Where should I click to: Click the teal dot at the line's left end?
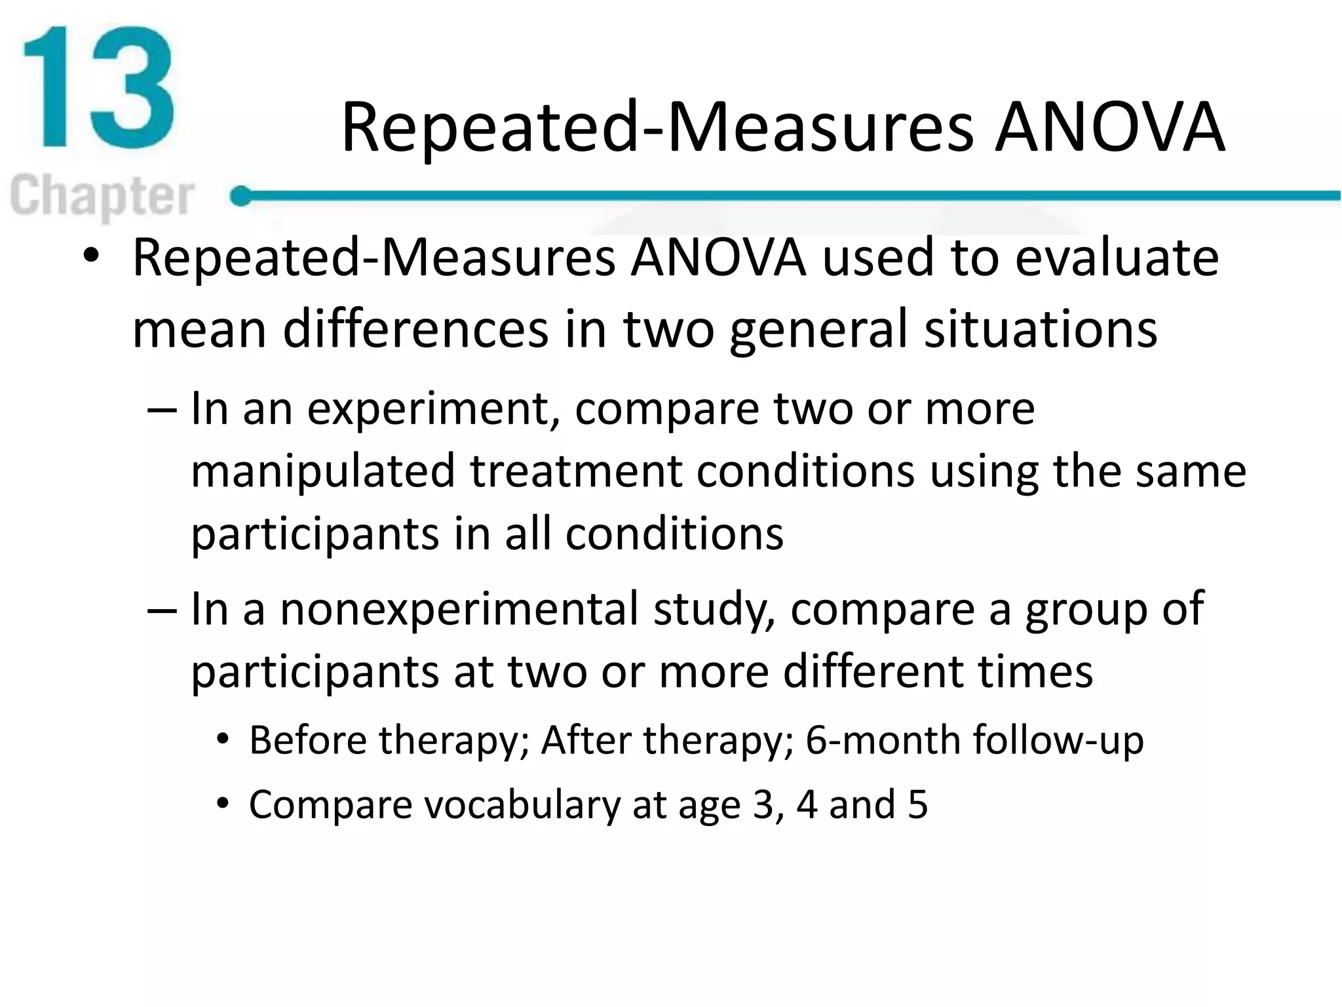pyautogui.click(x=241, y=195)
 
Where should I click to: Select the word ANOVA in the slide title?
pyautogui.click(x=1109, y=127)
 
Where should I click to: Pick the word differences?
pyautogui.click(x=415, y=329)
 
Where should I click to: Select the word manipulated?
pyautogui.click(x=322, y=472)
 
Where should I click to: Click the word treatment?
pyautogui.click(x=575, y=472)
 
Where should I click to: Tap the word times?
pyautogui.click(x=1035, y=673)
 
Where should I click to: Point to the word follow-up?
pyautogui.click(x=1058, y=741)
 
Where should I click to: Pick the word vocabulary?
pyautogui.click(x=522, y=805)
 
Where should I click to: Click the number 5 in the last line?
pyautogui.click(x=917, y=804)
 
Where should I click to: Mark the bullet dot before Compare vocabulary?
pyautogui.click(x=223, y=804)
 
